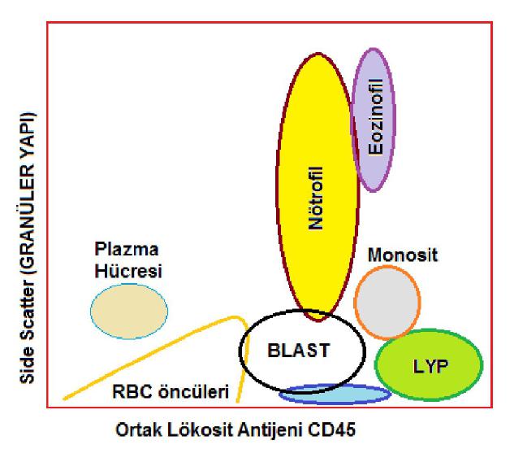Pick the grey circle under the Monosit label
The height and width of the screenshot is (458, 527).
387,302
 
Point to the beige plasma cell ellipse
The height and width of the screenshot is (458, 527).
128,311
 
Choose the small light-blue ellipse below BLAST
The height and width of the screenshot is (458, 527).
335,395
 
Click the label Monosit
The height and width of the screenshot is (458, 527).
403,255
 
